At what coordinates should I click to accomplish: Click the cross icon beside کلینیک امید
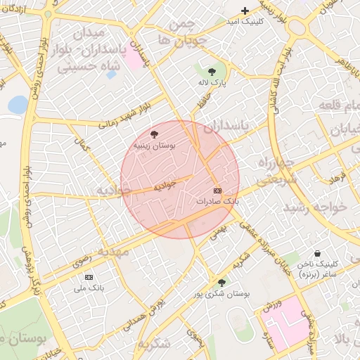coord(245,11)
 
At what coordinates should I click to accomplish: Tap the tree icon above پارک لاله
coord(212,71)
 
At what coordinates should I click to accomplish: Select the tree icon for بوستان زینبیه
coord(155,134)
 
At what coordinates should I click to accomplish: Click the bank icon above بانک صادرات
coord(217,191)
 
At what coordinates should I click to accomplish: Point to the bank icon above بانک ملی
coord(89,277)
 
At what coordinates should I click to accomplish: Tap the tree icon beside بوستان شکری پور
coord(221,283)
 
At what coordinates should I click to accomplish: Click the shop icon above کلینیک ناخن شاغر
coord(317,253)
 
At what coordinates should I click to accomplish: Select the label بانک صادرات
coord(218,201)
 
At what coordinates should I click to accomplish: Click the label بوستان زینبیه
coord(155,145)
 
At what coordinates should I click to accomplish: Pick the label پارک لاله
coord(212,82)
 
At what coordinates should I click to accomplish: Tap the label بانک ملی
coord(89,288)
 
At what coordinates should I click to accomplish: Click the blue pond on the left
coord(18,105)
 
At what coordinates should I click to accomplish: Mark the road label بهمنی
coord(221,230)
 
